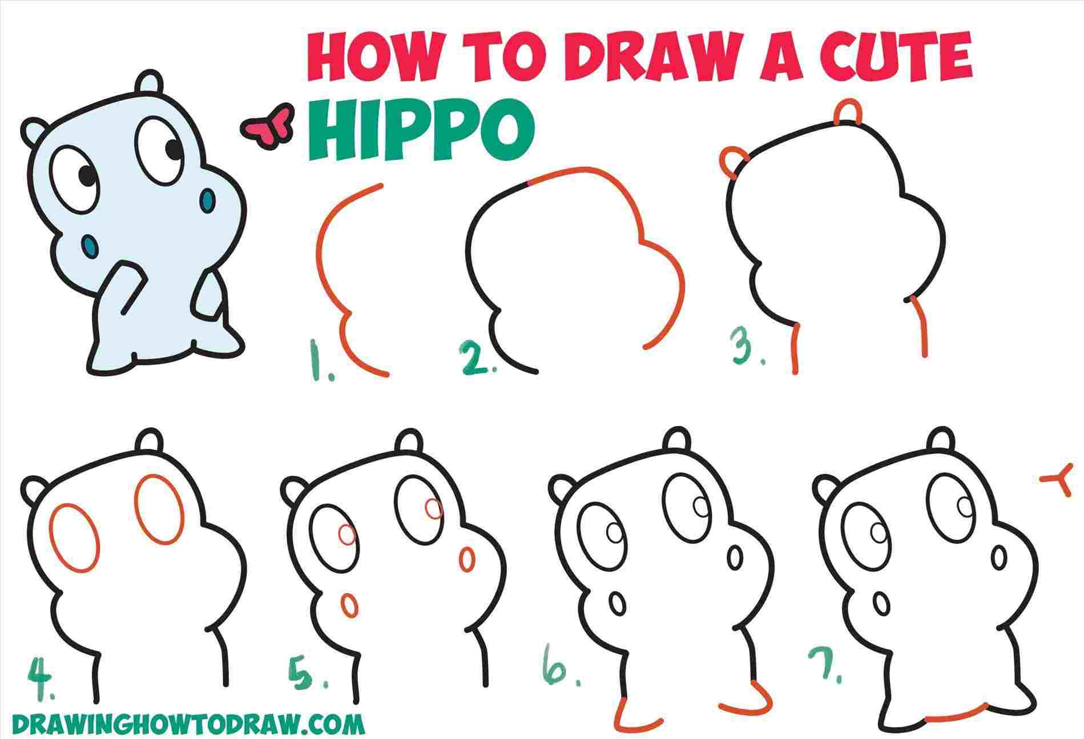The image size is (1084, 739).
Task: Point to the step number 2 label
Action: click(477, 359)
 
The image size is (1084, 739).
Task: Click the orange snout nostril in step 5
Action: click(466, 559)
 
